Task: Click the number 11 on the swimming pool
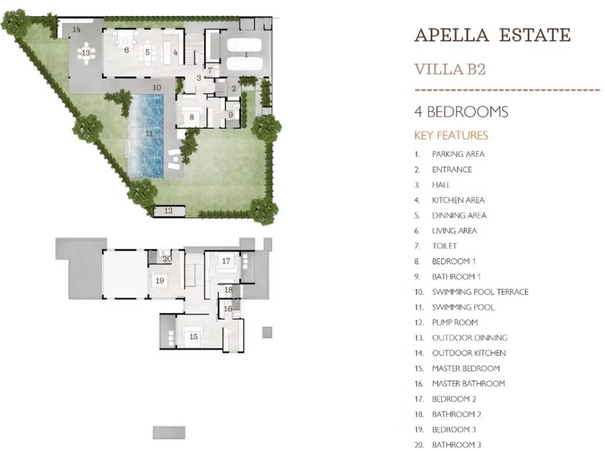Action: pos(149,134)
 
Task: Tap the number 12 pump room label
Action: pos(168,210)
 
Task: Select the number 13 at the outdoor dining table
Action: pos(86,53)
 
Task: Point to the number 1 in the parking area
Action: pos(246,55)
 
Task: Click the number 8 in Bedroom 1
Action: pos(192,117)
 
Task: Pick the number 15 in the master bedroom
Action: pos(193,337)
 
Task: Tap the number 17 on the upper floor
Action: pos(226,261)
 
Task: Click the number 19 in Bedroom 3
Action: pos(160,280)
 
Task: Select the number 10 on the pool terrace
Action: pos(157,87)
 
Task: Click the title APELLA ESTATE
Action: pos(492,35)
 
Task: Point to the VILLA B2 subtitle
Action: pos(450,69)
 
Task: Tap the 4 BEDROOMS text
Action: pos(461,112)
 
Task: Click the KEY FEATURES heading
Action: pos(451,135)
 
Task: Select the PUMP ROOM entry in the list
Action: pos(455,322)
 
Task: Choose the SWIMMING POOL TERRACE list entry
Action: pos(480,292)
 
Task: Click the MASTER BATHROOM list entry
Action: pos(468,383)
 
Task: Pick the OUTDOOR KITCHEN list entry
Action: pos(469,353)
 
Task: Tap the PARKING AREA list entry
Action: pos(459,154)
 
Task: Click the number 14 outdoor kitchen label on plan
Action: pos(76,29)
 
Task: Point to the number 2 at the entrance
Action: pos(234,88)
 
